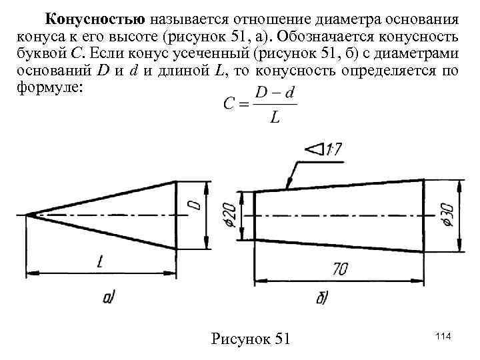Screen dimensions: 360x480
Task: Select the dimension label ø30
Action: [x=448, y=215]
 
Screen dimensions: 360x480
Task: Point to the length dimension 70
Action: [x=341, y=270]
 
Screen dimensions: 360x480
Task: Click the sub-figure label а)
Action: [x=111, y=300]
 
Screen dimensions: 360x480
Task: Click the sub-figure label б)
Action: [x=321, y=299]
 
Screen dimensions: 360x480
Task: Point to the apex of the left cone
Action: [x=27, y=214]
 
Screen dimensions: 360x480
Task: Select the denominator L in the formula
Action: [x=274, y=118]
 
